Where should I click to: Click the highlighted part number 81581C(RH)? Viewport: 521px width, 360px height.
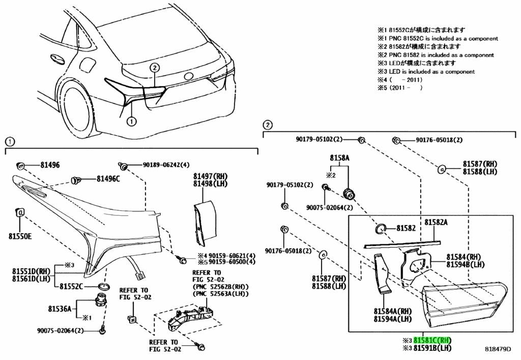tap(432, 340)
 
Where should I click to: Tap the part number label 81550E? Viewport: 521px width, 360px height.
tap(20, 236)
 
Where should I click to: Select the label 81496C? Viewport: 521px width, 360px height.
tap(108, 179)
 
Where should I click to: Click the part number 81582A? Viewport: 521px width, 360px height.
tap(436, 222)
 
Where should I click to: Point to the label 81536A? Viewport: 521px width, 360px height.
tap(60, 309)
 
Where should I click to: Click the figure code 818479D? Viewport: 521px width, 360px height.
tap(498, 349)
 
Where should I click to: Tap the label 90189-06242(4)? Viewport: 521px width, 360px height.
tap(166, 164)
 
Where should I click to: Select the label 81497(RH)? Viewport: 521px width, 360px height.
tap(211, 176)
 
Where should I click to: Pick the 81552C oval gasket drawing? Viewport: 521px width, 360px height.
tap(105, 287)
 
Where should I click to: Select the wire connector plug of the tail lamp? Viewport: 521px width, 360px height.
tap(140, 275)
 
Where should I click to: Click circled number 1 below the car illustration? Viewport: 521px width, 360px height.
tap(132, 121)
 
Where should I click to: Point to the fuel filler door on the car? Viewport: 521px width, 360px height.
tap(88, 65)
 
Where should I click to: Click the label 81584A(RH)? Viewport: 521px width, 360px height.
tap(393, 312)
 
